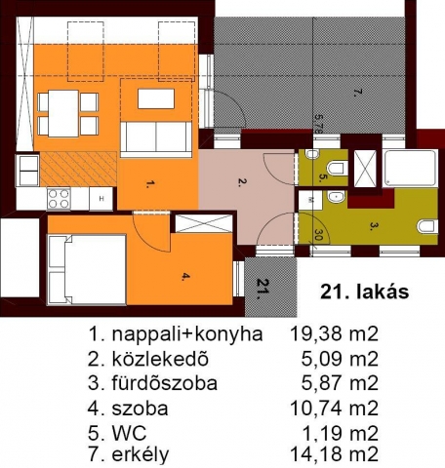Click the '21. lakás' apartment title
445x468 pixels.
click(x=365, y=292)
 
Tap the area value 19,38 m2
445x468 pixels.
click(x=334, y=333)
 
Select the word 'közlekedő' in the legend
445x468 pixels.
click(x=160, y=359)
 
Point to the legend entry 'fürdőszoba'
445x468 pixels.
click(x=165, y=383)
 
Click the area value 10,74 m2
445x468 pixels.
click(x=334, y=409)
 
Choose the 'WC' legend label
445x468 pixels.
click(x=129, y=433)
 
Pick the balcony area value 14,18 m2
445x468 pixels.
click(x=334, y=454)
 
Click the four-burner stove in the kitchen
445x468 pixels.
click(x=59, y=198)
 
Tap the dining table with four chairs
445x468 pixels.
click(x=67, y=114)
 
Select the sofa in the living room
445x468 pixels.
click(x=156, y=139)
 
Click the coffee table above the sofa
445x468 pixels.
click(x=156, y=98)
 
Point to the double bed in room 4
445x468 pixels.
click(x=87, y=269)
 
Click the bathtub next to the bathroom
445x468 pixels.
click(x=410, y=169)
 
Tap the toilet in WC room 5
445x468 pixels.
click(x=336, y=168)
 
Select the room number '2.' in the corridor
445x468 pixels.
click(x=242, y=182)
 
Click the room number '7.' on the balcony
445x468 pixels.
click(x=357, y=93)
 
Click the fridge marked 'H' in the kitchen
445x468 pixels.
click(x=101, y=199)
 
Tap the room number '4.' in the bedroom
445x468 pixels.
click(x=185, y=277)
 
